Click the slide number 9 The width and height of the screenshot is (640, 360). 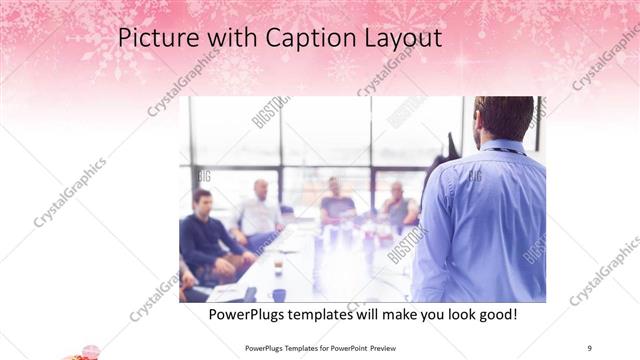pos(589,347)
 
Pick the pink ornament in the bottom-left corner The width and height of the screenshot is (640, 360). pos(84,352)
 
